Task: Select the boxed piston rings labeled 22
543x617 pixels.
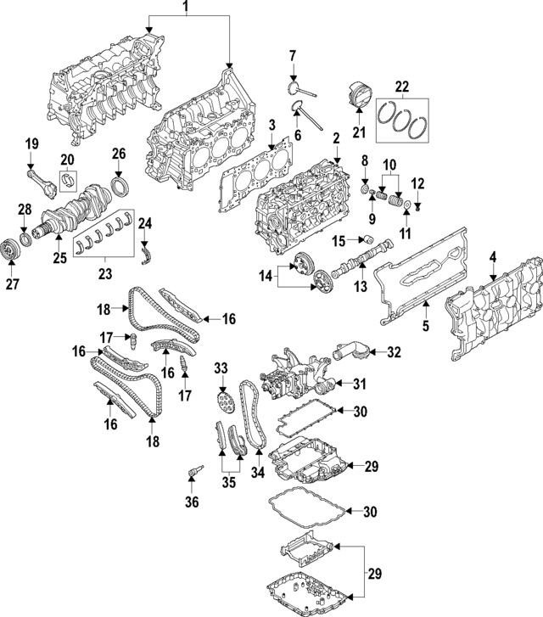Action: click(x=402, y=120)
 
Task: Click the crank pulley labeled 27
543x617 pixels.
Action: click(x=11, y=253)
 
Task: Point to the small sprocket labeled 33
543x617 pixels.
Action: click(x=223, y=397)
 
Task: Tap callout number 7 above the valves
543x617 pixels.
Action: click(x=293, y=56)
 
